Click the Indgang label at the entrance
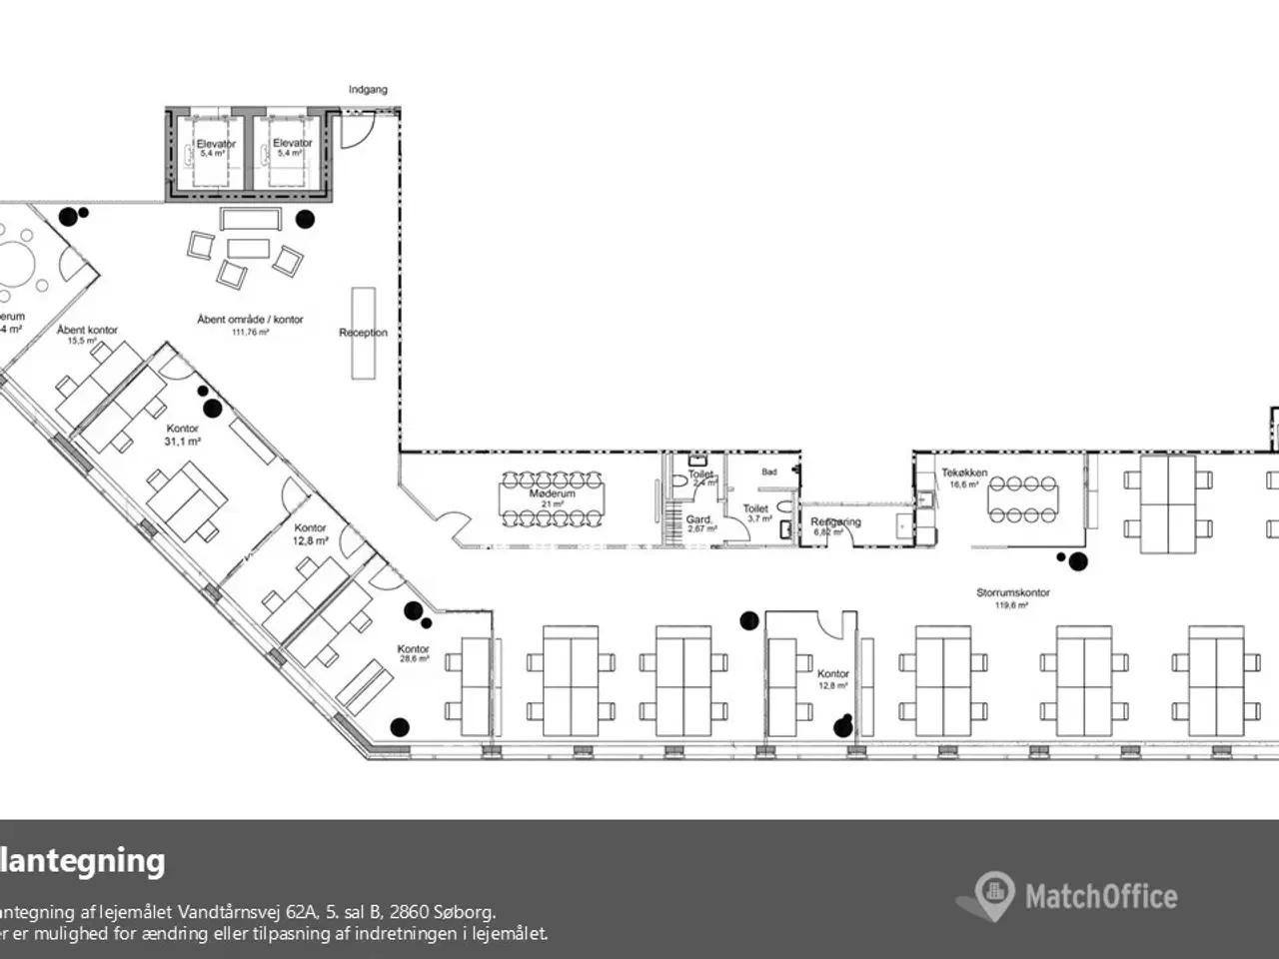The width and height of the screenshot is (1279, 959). click(368, 90)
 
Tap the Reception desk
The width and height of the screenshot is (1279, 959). click(363, 333)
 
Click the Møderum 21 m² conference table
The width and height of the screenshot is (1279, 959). click(552, 497)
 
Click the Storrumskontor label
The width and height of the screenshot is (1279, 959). click(1012, 593)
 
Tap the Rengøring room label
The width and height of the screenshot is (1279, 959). click(834, 522)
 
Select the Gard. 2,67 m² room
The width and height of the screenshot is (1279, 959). click(698, 523)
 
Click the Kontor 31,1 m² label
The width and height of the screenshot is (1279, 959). click(183, 435)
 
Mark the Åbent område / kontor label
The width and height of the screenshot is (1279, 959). click(250, 320)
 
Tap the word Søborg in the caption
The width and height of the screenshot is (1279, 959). click(462, 912)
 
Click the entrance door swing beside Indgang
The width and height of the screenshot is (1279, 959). click(355, 130)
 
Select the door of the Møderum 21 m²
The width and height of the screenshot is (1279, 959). click(452, 527)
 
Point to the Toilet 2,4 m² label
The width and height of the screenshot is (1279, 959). click(701, 477)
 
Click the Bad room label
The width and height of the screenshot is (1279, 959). click(768, 472)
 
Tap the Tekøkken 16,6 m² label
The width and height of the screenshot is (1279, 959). click(963, 478)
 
